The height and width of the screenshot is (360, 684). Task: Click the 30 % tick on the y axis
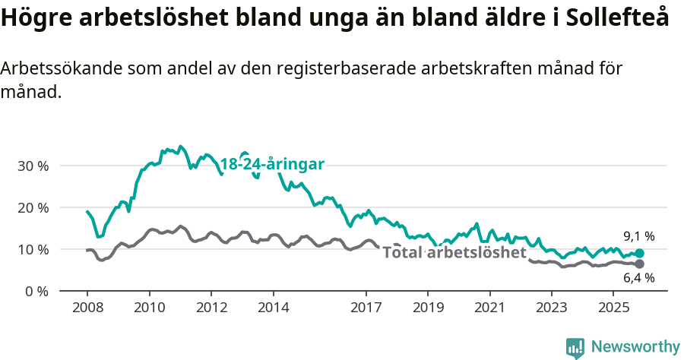coord(33,166)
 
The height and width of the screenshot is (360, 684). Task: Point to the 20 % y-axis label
coord(33,207)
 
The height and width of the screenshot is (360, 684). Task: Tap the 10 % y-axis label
coord(33,249)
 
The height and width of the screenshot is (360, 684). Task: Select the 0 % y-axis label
coord(36,291)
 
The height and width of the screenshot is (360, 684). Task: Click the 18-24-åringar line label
coord(272,164)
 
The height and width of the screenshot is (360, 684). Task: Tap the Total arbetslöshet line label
coord(454,252)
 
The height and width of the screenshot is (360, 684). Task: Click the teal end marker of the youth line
coord(639,254)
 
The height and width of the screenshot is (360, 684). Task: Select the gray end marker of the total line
coord(639,264)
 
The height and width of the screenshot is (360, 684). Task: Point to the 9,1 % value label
coord(638,236)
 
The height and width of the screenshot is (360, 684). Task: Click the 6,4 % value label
coord(638,278)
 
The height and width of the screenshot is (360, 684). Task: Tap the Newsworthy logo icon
coord(575,347)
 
